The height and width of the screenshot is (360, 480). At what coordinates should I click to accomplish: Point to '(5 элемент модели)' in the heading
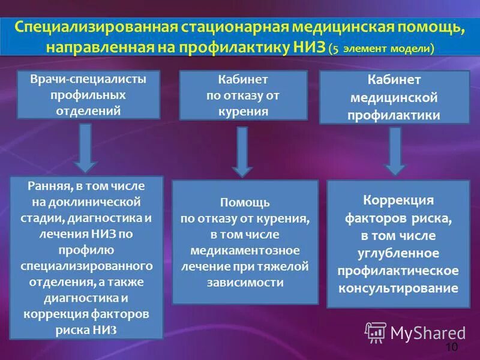pos(382,49)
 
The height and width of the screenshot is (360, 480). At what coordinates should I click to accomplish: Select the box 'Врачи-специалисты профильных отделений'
pos(88,94)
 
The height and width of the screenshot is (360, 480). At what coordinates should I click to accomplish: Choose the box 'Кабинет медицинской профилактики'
pos(394,97)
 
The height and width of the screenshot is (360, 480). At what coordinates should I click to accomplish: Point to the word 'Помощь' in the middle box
pos(244,203)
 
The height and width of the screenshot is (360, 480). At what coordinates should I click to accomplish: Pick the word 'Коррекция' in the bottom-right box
pos(398,200)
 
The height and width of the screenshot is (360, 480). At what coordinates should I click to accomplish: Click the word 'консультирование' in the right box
pos(398,288)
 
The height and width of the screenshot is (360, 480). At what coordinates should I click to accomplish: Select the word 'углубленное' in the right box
pos(398,253)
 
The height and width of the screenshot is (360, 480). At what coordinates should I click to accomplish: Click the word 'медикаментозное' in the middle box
pos(244,250)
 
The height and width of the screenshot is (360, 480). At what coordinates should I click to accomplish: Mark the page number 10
pos(451,348)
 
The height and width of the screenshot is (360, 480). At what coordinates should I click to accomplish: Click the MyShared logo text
pos(428,332)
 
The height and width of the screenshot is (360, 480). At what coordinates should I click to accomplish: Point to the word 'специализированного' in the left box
pos(86,265)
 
